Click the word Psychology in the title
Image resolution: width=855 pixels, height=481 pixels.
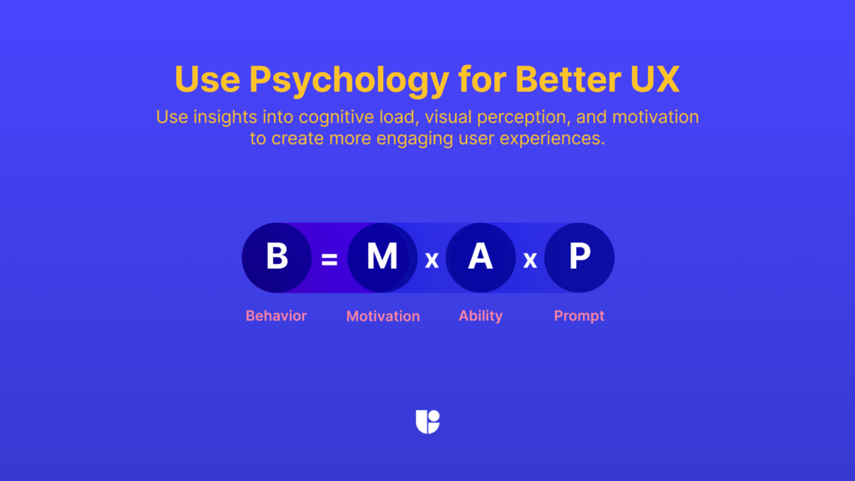pos(348,80)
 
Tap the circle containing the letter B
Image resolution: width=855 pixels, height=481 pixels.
pos(276,257)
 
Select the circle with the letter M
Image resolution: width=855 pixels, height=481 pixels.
pos(382,257)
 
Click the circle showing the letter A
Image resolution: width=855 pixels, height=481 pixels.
pos(481,257)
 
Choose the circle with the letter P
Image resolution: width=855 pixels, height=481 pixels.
pos(579,257)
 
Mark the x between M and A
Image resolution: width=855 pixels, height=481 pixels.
pos(432,261)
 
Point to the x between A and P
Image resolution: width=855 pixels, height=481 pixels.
pos(530,261)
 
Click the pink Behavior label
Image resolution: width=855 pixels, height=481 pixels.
pos(276,316)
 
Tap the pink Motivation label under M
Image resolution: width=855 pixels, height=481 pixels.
pos(383,316)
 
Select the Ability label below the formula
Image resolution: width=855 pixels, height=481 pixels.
pos(481,316)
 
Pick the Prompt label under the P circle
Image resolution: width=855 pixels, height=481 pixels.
pos(579,316)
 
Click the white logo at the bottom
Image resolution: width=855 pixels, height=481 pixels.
pos(427,422)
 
